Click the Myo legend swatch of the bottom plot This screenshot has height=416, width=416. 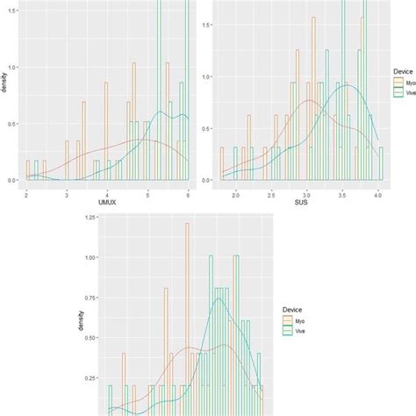[287, 322]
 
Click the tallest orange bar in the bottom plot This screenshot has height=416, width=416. [187, 316]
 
